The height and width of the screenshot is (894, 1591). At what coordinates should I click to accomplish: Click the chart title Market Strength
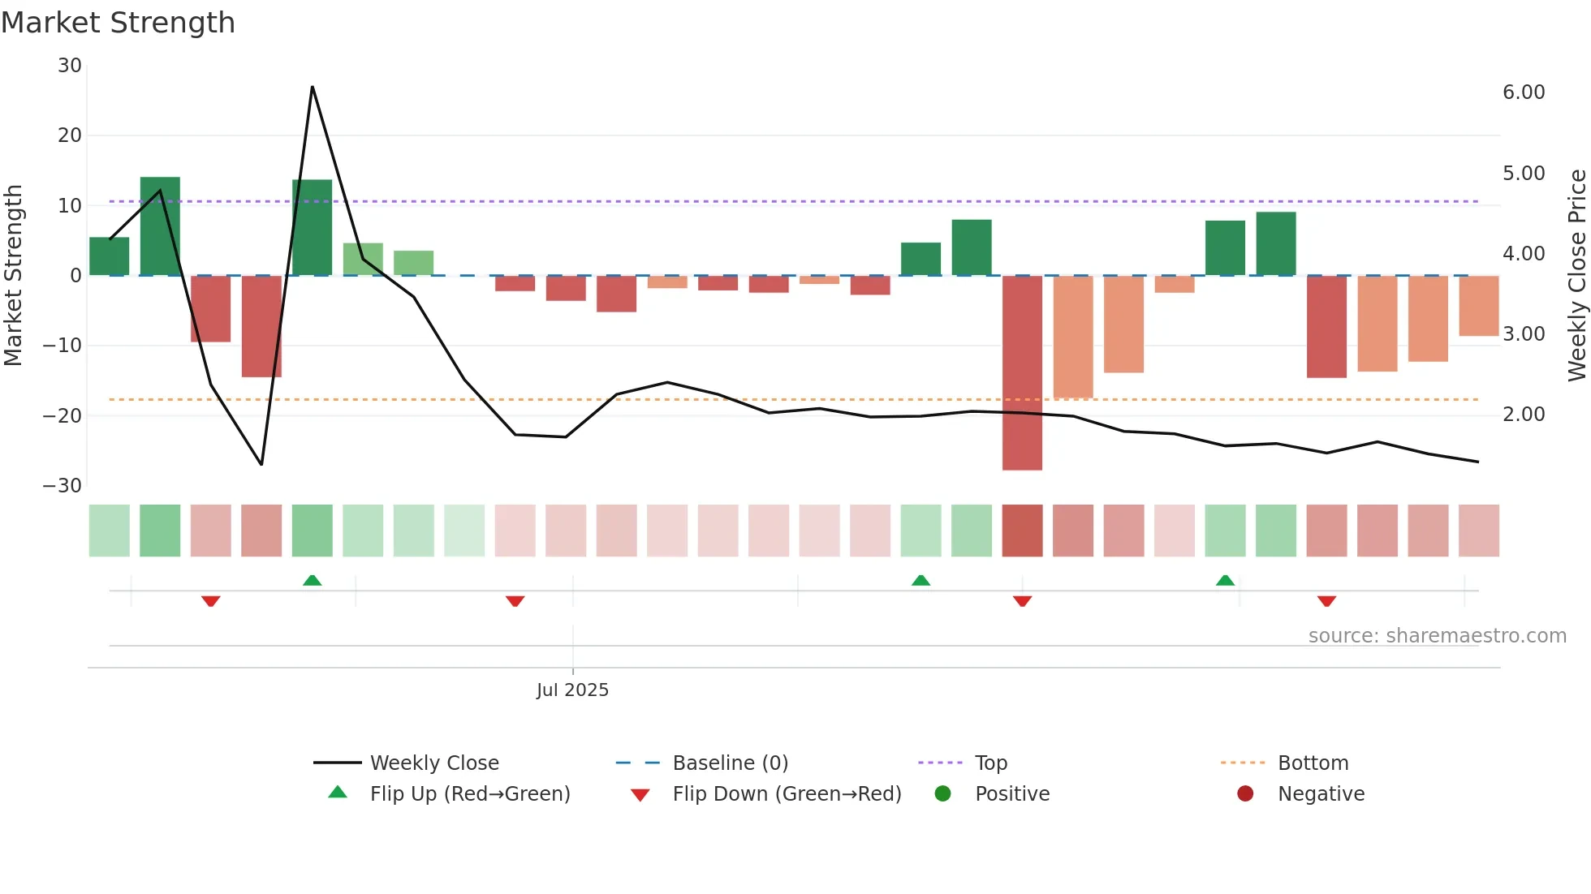[x=118, y=23]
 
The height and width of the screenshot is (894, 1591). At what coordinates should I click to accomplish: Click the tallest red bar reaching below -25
[x=1022, y=373]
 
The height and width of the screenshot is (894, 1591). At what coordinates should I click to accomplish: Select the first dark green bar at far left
[x=110, y=256]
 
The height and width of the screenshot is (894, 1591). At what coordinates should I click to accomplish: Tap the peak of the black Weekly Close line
[x=313, y=87]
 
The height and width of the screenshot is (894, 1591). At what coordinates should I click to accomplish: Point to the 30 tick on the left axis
[x=70, y=66]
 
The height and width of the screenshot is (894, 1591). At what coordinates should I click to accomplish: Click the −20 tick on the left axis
[x=63, y=416]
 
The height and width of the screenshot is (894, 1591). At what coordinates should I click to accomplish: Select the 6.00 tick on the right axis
[x=1524, y=92]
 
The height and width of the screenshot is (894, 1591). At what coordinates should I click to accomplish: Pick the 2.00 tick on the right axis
[x=1524, y=415]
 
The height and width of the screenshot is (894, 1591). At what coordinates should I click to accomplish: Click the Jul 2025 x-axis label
[x=572, y=690]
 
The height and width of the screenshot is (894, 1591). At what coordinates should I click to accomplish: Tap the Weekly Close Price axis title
[x=1576, y=276]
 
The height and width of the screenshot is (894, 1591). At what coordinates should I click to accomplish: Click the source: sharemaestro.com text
[x=1437, y=636]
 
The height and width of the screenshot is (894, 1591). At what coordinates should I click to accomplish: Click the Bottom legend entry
[x=1313, y=763]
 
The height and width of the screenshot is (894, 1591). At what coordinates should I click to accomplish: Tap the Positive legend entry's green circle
[x=942, y=794]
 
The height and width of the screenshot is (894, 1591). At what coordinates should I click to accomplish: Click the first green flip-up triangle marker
[x=313, y=580]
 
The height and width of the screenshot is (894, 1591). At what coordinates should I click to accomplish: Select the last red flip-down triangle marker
[x=1326, y=601]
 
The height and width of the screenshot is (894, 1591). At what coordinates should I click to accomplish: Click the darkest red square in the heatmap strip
[x=1022, y=531]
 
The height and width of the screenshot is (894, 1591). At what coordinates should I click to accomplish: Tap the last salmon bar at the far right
[x=1478, y=306]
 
